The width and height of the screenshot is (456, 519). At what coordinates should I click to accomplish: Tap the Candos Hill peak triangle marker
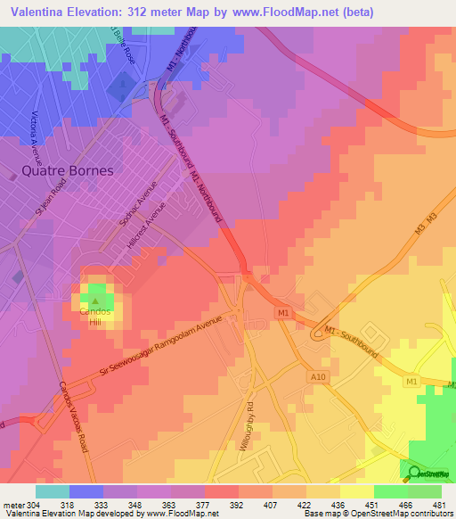[95, 301]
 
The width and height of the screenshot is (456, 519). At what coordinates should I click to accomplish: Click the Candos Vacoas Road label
[73, 419]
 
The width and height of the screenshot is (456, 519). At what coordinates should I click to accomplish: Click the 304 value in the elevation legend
[33, 504]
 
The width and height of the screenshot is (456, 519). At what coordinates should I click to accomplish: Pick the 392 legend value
[236, 504]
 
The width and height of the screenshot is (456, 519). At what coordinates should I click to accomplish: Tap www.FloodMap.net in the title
[285, 12]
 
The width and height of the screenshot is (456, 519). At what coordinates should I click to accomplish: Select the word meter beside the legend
[13, 504]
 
